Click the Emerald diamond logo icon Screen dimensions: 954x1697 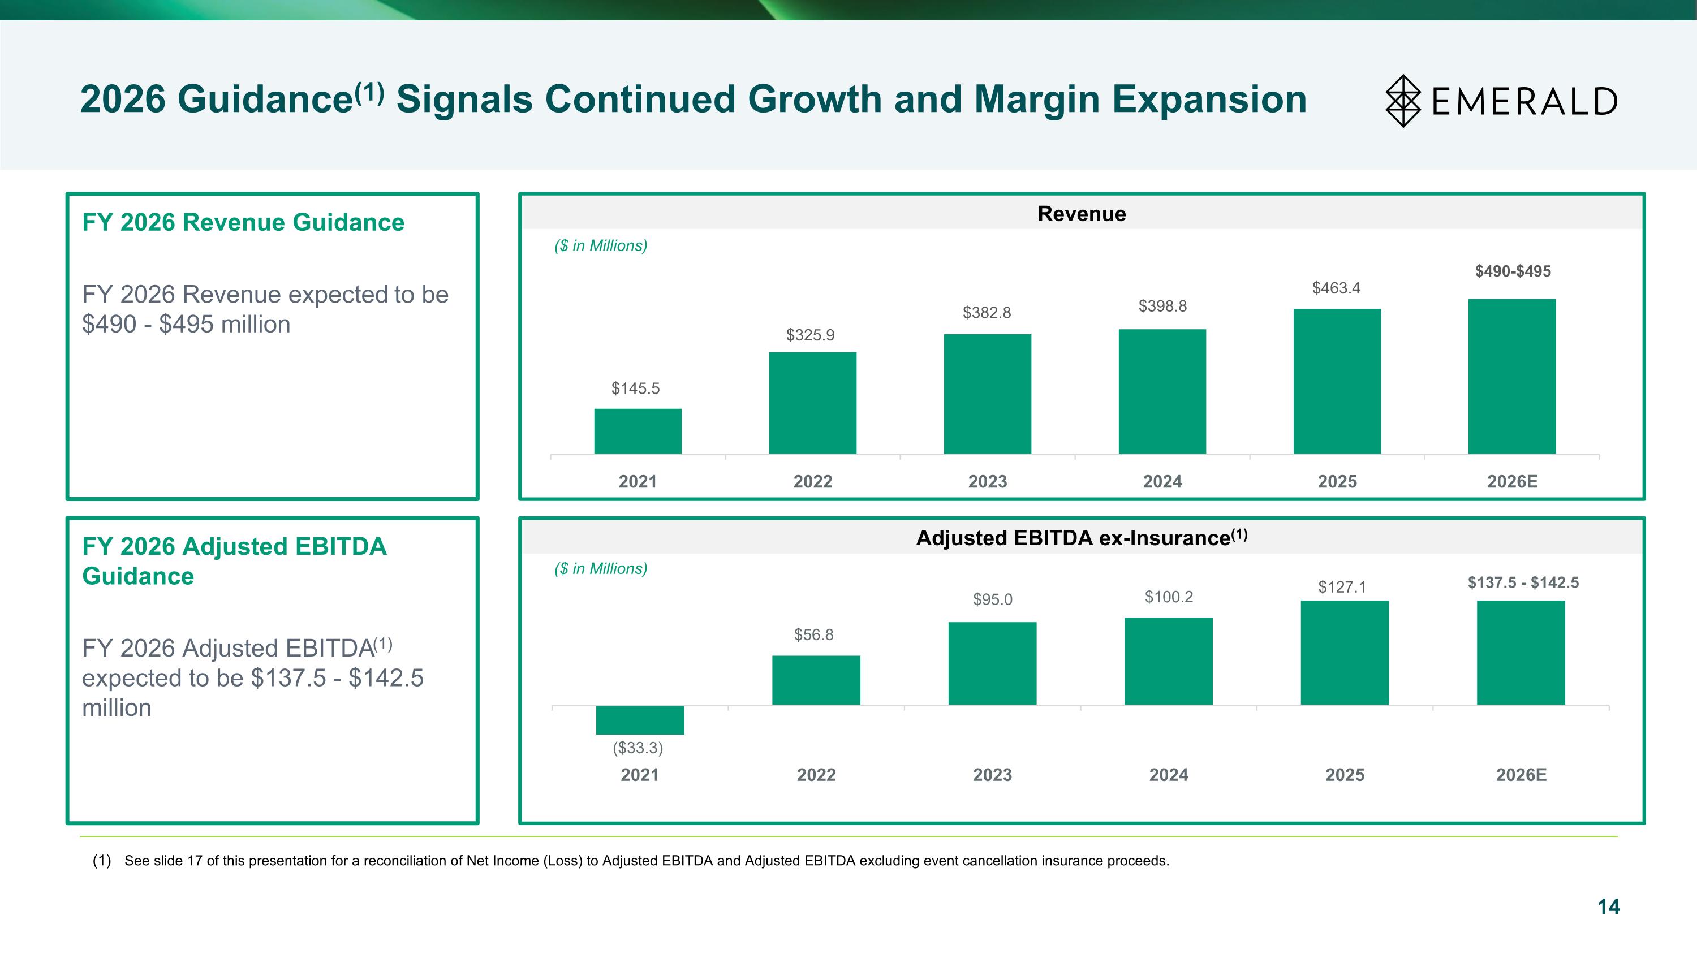(x=1403, y=101)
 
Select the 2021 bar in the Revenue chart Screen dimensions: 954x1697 (x=638, y=431)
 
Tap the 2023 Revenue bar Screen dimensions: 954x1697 (x=988, y=394)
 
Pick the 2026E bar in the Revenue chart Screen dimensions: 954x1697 (x=1512, y=376)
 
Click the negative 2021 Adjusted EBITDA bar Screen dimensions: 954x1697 (x=640, y=720)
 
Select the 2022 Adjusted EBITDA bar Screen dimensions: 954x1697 (x=816, y=680)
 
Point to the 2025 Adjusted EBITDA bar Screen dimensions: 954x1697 (x=1345, y=653)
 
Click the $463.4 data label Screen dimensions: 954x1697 (x=1336, y=288)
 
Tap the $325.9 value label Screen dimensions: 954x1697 (x=810, y=335)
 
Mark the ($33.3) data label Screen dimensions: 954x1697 (x=638, y=748)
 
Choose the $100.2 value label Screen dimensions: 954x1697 (x=1169, y=597)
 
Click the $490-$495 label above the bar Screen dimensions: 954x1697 (x=1513, y=271)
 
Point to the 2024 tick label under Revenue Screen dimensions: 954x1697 (x=1162, y=482)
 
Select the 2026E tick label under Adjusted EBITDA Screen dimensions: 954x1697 (x=1521, y=775)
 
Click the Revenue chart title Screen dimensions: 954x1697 (x=1082, y=214)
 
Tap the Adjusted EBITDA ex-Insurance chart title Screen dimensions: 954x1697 (x=1082, y=538)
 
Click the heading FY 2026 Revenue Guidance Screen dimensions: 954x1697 (x=243, y=223)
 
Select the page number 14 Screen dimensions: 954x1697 (x=1608, y=906)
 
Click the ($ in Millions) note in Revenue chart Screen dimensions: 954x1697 (x=601, y=245)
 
